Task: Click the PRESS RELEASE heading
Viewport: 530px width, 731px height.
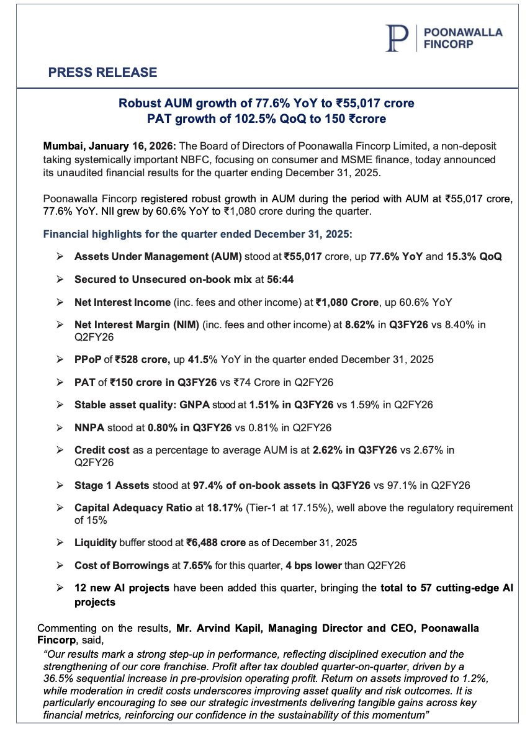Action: click(x=102, y=73)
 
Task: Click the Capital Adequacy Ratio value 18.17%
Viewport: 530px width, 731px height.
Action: click(x=215, y=507)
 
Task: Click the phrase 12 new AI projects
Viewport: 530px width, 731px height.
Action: click(x=119, y=587)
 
